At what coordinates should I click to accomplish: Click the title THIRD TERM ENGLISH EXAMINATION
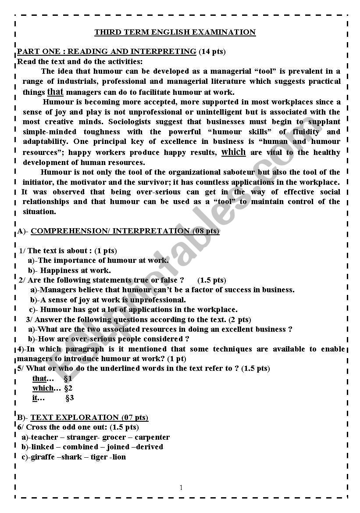pos(175,32)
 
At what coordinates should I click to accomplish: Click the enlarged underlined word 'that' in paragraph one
pos(55,92)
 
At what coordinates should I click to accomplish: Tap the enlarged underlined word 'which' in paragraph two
pos(233,152)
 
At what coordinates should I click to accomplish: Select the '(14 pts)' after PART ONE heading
pos(212,51)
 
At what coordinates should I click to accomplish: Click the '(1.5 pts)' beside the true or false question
pos(212,280)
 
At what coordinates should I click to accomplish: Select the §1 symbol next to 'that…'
pos(68,378)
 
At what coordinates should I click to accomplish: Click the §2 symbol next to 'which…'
pos(68,388)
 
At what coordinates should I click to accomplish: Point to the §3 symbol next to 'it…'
pos(69,398)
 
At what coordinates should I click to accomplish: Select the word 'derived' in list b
pos(150,447)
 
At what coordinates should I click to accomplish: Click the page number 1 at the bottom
pos(181,488)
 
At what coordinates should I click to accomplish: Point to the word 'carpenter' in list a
pos(152,437)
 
